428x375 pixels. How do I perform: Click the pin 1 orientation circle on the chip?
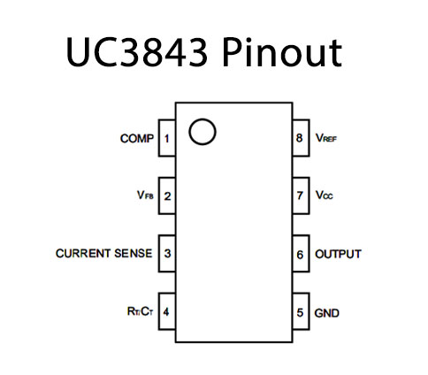coord(203,132)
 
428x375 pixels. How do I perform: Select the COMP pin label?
coord(137,139)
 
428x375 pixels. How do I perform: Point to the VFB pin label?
coord(144,195)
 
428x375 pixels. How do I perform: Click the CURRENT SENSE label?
coord(103,254)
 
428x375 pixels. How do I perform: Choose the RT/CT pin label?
coord(140,312)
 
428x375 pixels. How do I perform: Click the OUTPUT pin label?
coord(338,254)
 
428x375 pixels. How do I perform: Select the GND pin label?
coord(327,312)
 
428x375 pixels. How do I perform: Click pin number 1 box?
coord(167,139)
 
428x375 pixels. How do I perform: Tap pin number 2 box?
coord(167,195)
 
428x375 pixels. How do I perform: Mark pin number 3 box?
coord(167,254)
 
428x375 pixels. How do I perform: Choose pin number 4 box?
coord(167,312)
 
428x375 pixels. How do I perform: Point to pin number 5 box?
coord(301,312)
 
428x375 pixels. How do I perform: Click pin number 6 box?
coord(301,254)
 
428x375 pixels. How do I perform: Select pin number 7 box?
coord(301,195)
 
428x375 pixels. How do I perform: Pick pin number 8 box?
coord(301,139)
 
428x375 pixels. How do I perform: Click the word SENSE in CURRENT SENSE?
coord(132,254)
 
